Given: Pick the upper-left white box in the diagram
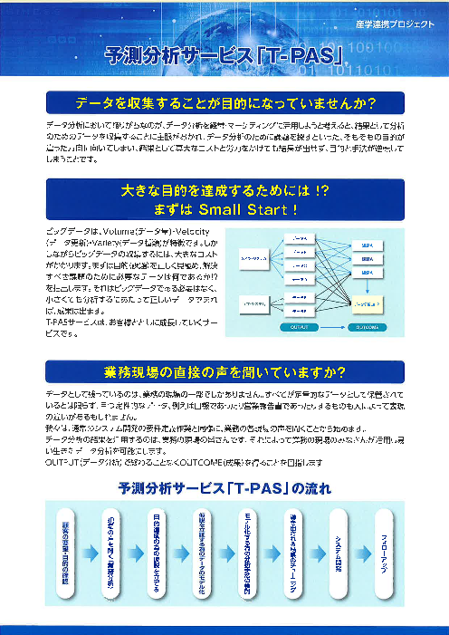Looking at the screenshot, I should [x=250, y=259].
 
